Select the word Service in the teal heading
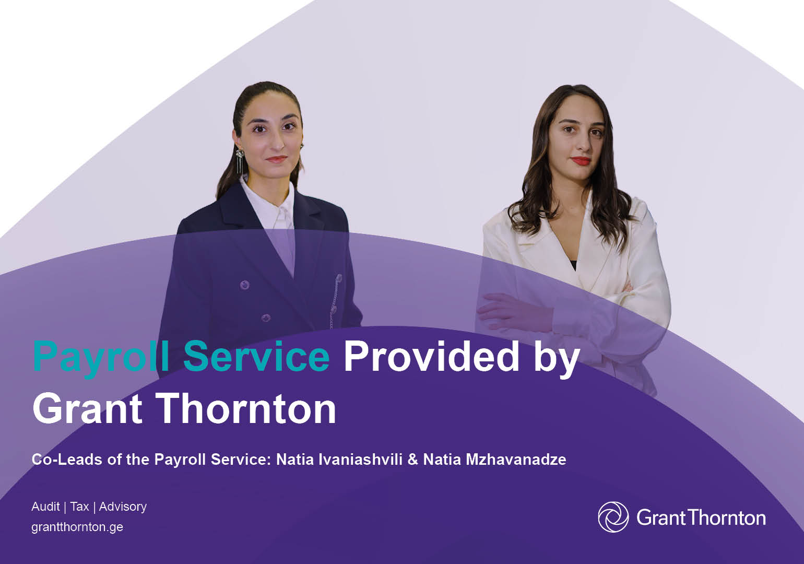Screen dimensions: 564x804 tap(256, 356)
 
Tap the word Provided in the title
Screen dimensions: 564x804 tap(431, 356)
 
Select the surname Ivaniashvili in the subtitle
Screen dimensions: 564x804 tap(360, 460)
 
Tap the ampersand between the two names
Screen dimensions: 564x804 tap(412, 460)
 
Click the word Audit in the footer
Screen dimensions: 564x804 tap(45, 507)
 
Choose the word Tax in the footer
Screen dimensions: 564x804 tap(79, 507)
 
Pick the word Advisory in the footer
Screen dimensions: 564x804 tap(123, 507)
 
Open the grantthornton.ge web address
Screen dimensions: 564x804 tap(77, 526)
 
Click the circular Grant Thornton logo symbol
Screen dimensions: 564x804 tap(613, 517)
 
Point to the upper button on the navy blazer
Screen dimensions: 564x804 tap(244, 285)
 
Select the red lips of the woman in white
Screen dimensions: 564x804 tap(581, 161)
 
